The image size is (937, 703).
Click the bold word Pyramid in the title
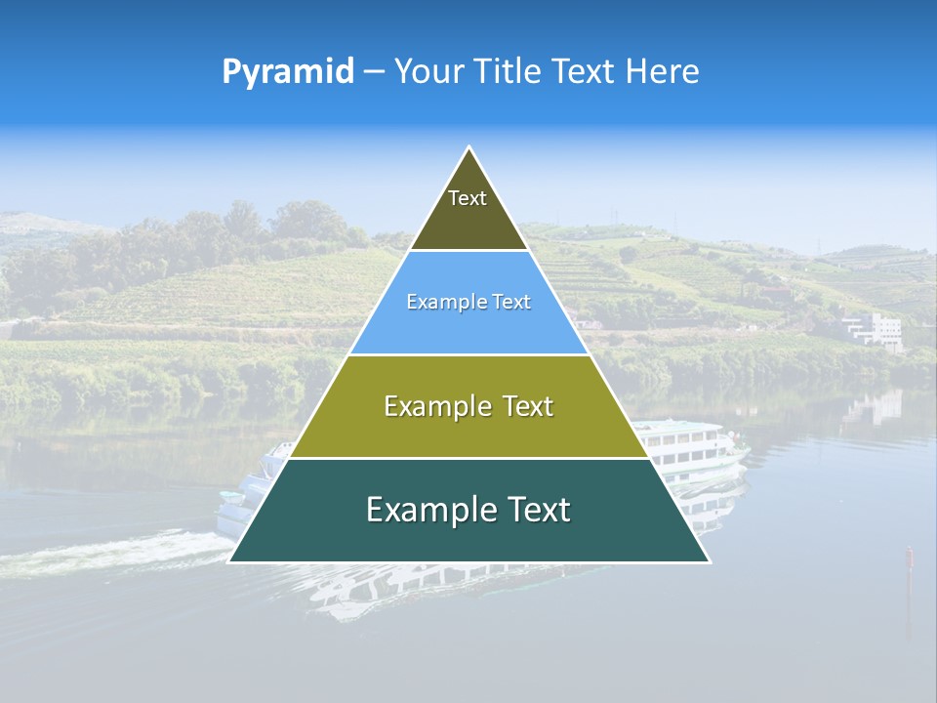tap(288, 71)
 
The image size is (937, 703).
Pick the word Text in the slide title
tap(585, 71)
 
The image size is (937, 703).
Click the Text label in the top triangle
tap(468, 198)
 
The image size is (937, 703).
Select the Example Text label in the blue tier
tap(468, 303)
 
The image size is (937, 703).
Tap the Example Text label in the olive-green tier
tap(468, 406)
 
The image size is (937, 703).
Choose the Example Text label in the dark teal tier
tap(468, 510)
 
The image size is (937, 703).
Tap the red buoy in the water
tap(909, 557)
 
